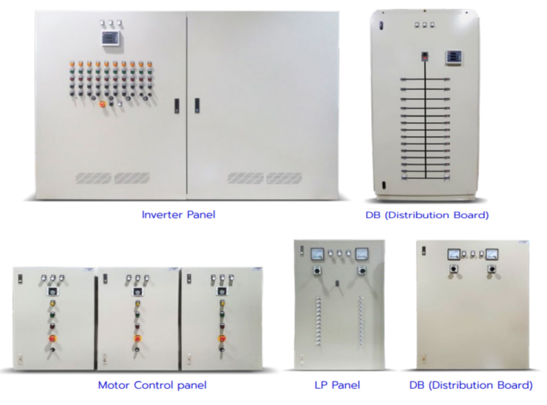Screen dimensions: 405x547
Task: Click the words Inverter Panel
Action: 178,214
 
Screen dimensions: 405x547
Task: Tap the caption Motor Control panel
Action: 152,385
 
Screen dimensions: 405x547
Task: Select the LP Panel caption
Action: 337,385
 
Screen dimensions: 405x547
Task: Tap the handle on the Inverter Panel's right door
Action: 197,105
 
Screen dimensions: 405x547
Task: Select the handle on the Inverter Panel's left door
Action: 176,105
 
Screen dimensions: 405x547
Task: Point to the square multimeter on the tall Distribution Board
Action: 453,56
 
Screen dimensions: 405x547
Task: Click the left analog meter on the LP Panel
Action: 317,254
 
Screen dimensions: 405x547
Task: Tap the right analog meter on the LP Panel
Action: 361,254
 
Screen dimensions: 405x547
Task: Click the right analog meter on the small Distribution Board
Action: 492,254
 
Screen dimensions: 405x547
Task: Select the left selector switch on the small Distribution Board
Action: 451,269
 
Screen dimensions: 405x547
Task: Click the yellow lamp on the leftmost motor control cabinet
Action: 53,303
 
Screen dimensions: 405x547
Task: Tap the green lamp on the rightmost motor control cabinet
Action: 222,316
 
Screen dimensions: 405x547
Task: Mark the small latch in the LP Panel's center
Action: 338,283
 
